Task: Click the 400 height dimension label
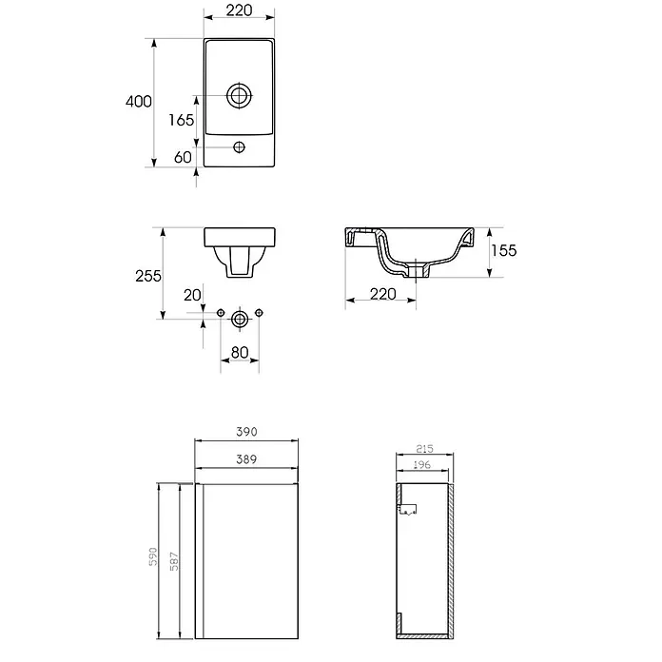click(139, 102)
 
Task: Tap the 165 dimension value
click(181, 121)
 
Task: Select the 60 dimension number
click(183, 158)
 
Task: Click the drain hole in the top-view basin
click(240, 96)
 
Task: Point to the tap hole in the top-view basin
click(240, 147)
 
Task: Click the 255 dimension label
click(148, 276)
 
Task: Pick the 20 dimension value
click(192, 295)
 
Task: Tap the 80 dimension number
click(240, 353)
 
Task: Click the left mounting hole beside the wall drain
click(221, 312)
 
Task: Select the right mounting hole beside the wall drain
click(260, 312)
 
